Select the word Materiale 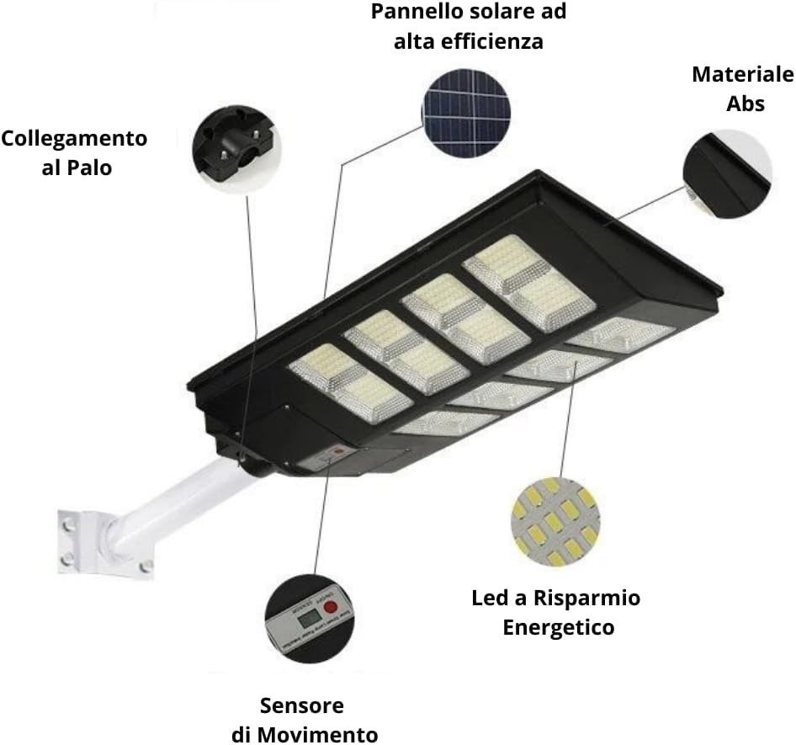pyautogui.click(x=742, y=74)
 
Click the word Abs pyautogui.click(x=742, y=104)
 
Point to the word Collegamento pyautogui.click(x=74, y=138)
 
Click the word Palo pyautogui.click(x=88, y=168)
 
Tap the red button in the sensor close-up pyautogui.click(x=331, y=607)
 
